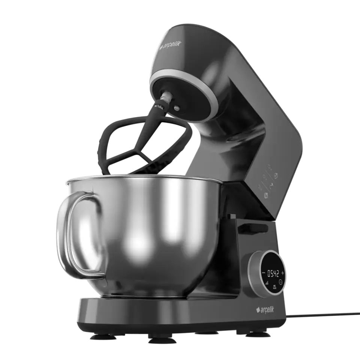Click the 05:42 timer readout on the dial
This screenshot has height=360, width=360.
[272, 272]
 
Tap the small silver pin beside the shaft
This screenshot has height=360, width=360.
[176, 109]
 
